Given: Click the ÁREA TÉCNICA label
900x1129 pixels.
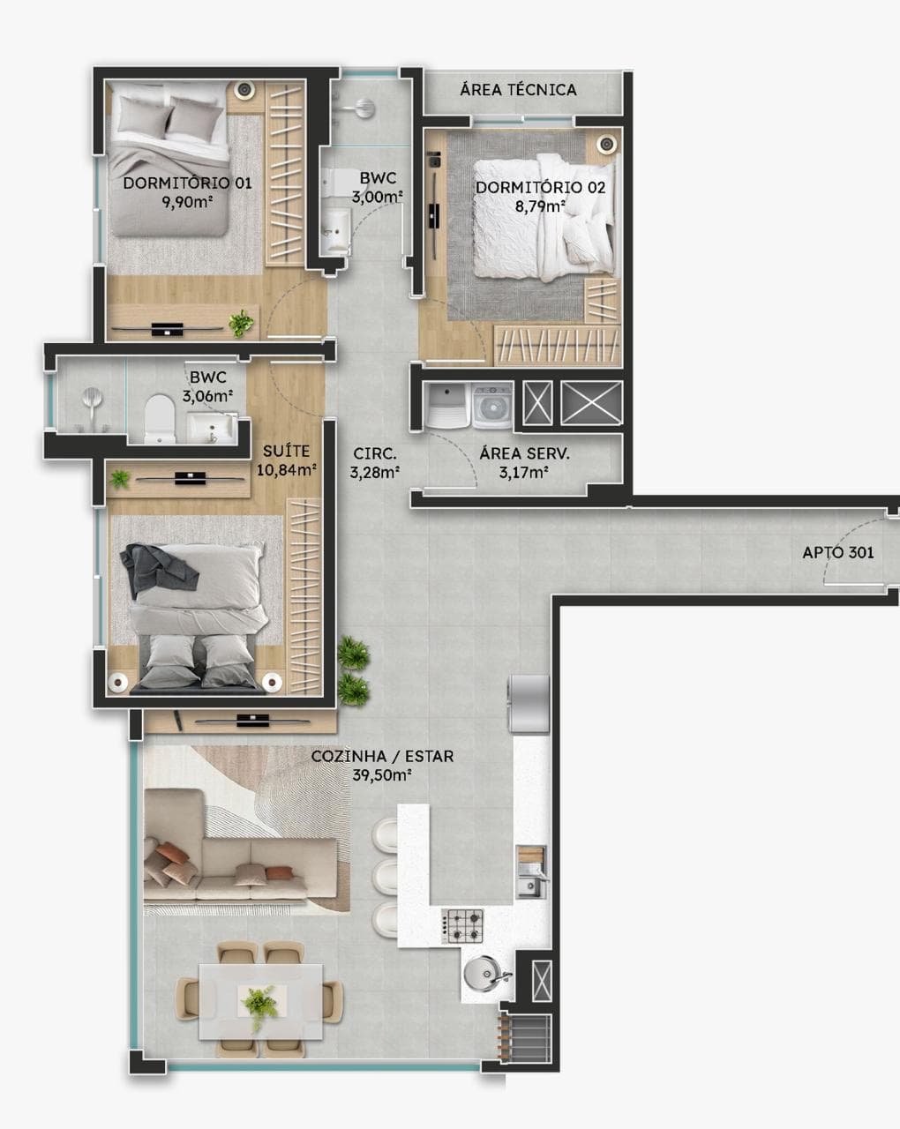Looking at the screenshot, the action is click(519, 90).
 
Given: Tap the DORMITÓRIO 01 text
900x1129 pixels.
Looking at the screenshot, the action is click(187, 183).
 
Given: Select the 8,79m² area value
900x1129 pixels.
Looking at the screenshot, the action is click(540, 206).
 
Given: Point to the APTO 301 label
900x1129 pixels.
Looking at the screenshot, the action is click(838, 552).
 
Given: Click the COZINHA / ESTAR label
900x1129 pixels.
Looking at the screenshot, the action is click(383, 756).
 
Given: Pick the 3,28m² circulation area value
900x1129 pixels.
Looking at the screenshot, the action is click(375, 473).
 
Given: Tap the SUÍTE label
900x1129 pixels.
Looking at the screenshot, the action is click(286, 451).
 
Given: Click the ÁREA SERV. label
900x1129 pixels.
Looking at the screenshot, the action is click(524, 453).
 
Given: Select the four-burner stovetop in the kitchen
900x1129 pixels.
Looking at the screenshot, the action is click(462, 925).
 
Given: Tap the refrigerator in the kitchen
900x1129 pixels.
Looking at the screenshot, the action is click(529, 703).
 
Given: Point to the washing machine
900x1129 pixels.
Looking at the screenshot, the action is click(492, 406).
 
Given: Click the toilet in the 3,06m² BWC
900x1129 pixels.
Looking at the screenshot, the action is click(159, 418).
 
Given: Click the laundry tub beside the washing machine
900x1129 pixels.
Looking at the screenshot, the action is click(447, 406).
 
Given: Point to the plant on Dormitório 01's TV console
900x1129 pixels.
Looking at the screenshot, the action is click(241, 323).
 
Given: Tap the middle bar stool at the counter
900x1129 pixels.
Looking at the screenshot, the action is click(386, 872).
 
